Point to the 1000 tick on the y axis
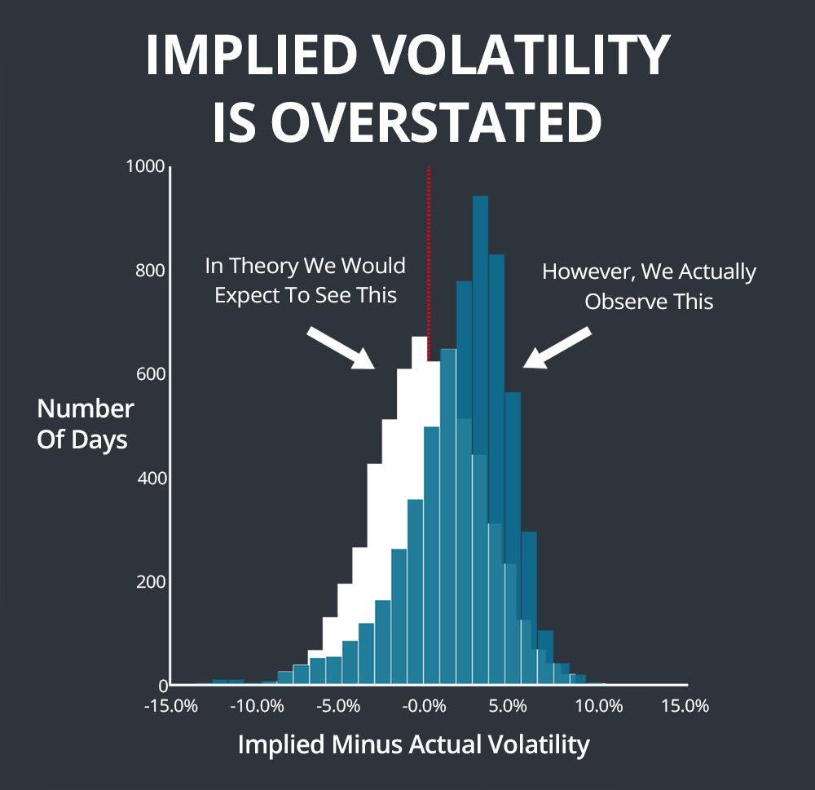point(146,166)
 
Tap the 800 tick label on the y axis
point(150,271)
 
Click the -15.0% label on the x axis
point(170,706)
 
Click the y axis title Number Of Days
point(84,423)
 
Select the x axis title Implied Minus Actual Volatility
point(413,744)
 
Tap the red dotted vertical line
point(429,261)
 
